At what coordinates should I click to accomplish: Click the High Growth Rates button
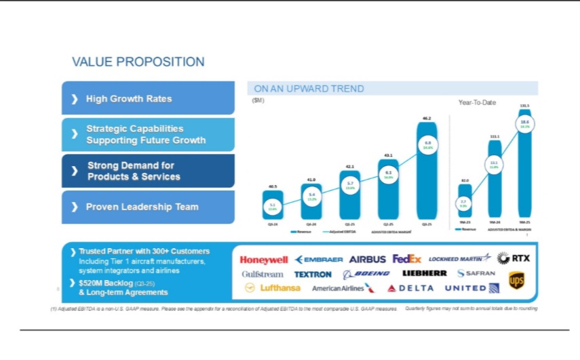pos(148,99)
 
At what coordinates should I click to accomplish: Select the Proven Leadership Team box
pos(148,207)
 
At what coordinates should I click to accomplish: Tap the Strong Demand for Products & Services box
pos(148,171)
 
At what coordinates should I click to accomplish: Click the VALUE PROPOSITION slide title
pos(138,62)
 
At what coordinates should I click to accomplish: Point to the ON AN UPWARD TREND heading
pos(309,89)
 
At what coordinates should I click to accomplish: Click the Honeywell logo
pos(265,259)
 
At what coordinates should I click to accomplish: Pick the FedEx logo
pos(407,259)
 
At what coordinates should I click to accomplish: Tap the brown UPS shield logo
pos(517,279)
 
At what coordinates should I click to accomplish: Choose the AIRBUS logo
pos(368,259)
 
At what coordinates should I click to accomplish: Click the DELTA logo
pos(410,288)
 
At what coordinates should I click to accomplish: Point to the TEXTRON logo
pos(313,274)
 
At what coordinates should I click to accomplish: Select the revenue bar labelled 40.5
pos(273,205)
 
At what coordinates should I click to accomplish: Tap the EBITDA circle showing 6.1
pos(388,174)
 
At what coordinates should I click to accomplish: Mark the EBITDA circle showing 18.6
pos(524,123)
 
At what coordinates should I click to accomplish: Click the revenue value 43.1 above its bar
pos(388,155)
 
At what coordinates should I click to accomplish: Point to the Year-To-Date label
pos(478,102)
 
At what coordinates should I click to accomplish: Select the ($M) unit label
pos(258,100)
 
